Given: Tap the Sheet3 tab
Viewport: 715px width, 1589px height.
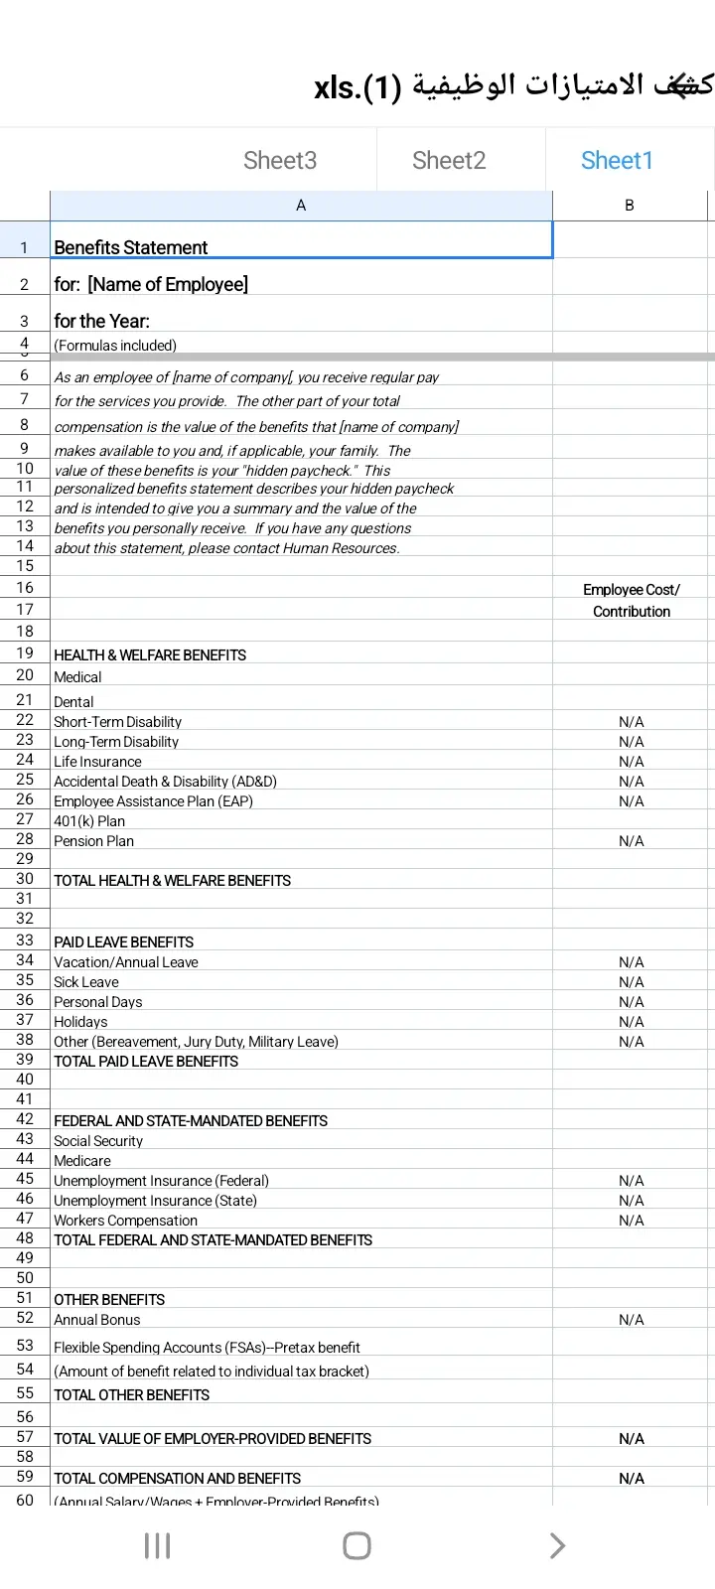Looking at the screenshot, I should coord(280,161).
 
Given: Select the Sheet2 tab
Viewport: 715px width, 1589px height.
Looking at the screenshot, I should coord(449,161).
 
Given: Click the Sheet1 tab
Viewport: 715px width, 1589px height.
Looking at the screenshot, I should coord(617,161).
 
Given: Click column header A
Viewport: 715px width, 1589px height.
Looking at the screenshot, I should coord(301,206).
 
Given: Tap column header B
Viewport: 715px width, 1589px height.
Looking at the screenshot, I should coord(630,206).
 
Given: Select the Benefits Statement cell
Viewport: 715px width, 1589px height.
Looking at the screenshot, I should coord(131,247).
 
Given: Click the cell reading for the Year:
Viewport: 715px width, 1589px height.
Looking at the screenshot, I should coord(102,321).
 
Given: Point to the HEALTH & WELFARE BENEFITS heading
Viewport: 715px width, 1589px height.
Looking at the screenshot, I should coord(150,655).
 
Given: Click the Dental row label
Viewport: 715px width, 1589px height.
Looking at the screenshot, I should coord(73,702).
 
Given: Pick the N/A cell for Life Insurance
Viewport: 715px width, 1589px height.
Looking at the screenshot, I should coord(632,762).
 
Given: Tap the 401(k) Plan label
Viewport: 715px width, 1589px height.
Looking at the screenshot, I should coord(89,821).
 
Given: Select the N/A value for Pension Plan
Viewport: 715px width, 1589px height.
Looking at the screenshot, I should coord(632,841).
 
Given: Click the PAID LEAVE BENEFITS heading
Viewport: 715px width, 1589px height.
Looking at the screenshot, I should coord(124,942).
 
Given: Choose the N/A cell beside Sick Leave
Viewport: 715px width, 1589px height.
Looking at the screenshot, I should coord(632,982).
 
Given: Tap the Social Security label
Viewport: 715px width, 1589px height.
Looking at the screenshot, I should coord(98,1141).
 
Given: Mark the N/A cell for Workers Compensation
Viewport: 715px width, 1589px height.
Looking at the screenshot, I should coord(632,1221).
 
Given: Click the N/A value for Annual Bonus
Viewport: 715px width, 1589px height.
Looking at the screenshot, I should coord(632,1320).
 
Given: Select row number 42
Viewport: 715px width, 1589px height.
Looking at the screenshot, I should coord(25,1119).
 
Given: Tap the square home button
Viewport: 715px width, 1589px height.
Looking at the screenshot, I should coord(357,1545).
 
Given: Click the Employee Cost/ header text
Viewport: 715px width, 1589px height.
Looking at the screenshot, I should coord(632,590).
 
